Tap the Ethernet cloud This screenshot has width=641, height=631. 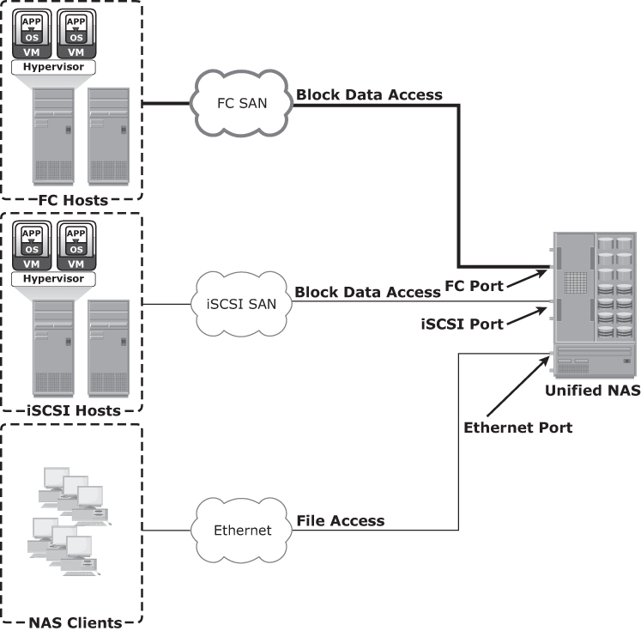pos(241,530)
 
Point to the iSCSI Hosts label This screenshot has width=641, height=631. pos(73,410)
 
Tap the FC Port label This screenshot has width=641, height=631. pos(475,284)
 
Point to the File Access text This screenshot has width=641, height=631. pos(341,520)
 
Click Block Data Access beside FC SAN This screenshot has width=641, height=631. pos(369,94)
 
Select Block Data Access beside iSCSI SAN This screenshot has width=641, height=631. pos(367,293)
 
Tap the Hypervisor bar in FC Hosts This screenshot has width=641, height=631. pos(53,65)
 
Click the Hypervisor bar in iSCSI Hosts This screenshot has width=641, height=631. pos(53,279)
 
